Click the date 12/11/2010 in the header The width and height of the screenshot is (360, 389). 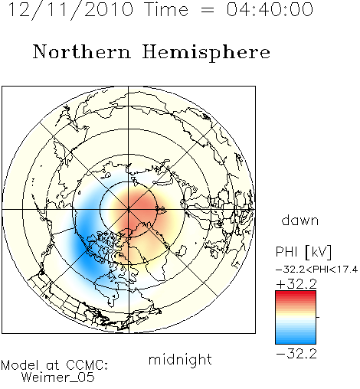point(70,10)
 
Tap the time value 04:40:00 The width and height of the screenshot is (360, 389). point(270,9)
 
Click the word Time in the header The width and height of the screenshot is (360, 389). point(166,9)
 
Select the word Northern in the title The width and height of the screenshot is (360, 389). point(82,51)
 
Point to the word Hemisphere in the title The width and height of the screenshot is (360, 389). point(206,52)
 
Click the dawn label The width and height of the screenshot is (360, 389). point(300,220)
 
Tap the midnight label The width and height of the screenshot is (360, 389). point(180,359)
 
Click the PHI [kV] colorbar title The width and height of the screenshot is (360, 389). point(303,252)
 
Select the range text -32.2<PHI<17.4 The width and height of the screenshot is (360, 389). point(316,270)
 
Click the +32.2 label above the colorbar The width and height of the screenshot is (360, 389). point(296,284)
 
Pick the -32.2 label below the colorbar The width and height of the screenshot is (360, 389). point(296,354)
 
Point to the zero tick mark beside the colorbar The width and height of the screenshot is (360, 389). point(318,317)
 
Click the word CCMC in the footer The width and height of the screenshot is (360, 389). point(87,365)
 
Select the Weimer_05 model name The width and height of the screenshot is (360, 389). point(58,378)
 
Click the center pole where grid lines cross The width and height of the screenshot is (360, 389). point(129,210)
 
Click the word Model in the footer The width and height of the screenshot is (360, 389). point(20,365)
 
